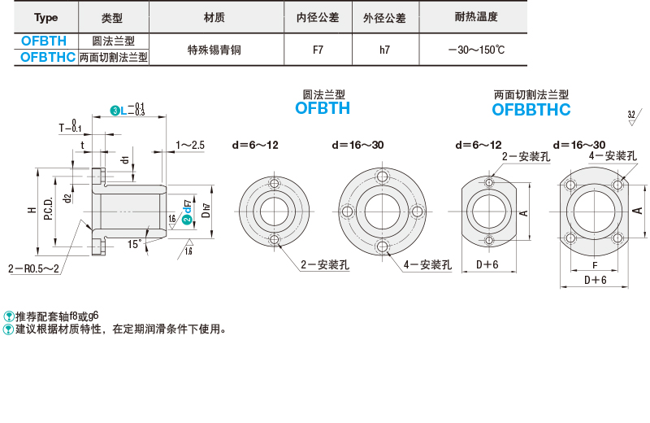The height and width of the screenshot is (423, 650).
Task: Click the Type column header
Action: pyautogui.click(x=45, y=17)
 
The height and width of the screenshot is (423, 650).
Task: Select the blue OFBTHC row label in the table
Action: pyautogui.click(x=48, y=57)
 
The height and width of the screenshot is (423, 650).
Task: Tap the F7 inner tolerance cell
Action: pyautogui.click(x=318, y=50)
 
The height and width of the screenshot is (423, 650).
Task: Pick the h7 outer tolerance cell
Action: pyautogui.click(x=384, y=50)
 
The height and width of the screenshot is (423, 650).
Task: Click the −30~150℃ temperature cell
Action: pyautogui.click(x=476, y=50)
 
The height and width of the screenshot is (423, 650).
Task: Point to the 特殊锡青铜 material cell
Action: pyautogui.click(x=214, y=50)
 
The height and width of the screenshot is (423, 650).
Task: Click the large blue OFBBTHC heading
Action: pyautogui.click(x=531, y=110)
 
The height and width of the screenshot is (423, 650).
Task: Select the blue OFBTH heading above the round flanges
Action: pyautogui.click(x=323, y=108)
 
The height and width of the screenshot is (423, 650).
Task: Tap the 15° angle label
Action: pyautogui.click(x=134, y=244)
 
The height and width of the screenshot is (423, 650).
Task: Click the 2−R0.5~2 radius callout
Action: pyautogui.click(x=33, y=268)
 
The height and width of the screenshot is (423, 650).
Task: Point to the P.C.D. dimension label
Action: pyautogui.click(x=48, y=208)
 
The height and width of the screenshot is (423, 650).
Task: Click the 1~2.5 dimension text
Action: pyautogui.click(x=190, y=145)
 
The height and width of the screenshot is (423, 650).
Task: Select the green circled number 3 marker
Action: pyautogui.click(x=115, y=111)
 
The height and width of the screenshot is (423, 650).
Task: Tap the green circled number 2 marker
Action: pyautogui.click(x=187, y=219)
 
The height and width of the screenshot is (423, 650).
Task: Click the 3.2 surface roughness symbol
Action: pyautogui.click(x=633, y=116)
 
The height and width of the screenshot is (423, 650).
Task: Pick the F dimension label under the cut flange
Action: pyautogui.click(x=595, y=265)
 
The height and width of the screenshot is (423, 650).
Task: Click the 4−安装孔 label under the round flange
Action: pyautogui.click(x=427, y=265)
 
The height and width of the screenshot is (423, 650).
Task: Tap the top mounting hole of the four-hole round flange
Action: pyautogui.click(x=382, y=176)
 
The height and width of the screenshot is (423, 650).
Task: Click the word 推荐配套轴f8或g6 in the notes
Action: pyautogui.click(x=57, y=316)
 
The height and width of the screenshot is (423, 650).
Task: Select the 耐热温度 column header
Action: pyautogui.click(x=476, y=17)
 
